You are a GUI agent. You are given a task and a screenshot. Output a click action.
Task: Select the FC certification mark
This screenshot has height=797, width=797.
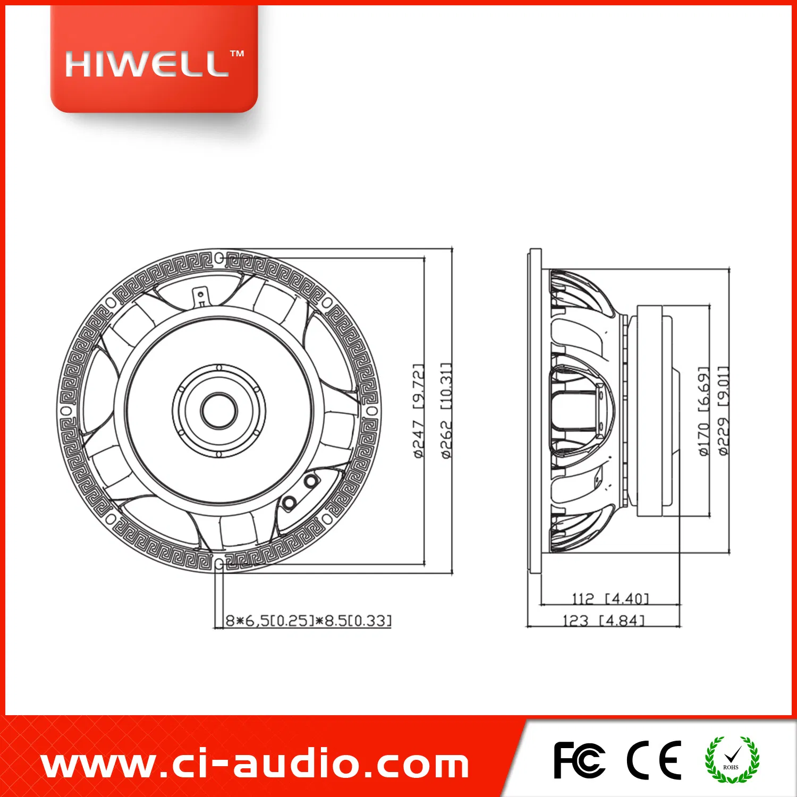tap(579, 760)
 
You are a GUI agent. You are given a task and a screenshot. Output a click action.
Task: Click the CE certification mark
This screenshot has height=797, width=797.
tap(654, 760)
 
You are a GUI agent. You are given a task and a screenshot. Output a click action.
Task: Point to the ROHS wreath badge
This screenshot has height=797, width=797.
tap(732, 760)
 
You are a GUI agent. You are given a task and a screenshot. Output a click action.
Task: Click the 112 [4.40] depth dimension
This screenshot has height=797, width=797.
tap(611, 599)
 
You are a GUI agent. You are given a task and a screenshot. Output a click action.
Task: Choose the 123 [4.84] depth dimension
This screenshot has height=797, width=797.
tap(604, 621)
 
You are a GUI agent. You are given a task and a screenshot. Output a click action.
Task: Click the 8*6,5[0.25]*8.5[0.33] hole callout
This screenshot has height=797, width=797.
tap(309, 621)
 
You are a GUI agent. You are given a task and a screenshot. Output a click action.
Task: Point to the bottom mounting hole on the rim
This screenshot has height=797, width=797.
tap(219, 564)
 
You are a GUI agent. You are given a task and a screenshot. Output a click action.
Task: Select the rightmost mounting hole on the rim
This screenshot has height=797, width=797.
tap(372, 411)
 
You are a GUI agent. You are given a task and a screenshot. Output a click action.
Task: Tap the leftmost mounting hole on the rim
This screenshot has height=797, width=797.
tap(66, 411)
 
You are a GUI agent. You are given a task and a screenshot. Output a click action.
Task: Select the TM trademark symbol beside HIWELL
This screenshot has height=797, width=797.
tap(237, 54)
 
